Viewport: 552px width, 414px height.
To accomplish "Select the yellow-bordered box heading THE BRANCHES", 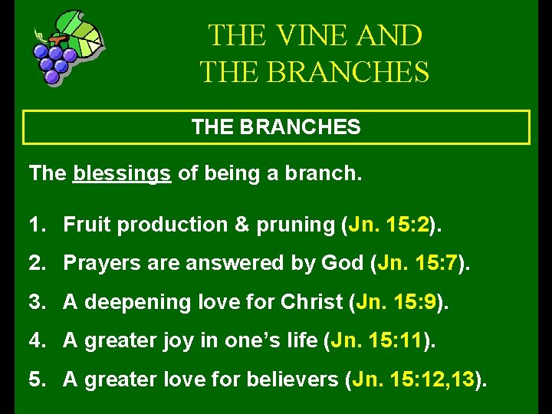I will pos(276,127).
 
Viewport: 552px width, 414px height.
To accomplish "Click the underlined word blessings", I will pos(122,174).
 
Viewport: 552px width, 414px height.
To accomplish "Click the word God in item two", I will pos(344,264).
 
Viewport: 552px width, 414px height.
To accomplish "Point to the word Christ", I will pos(312,302).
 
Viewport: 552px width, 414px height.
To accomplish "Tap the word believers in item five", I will pos(297,379).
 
